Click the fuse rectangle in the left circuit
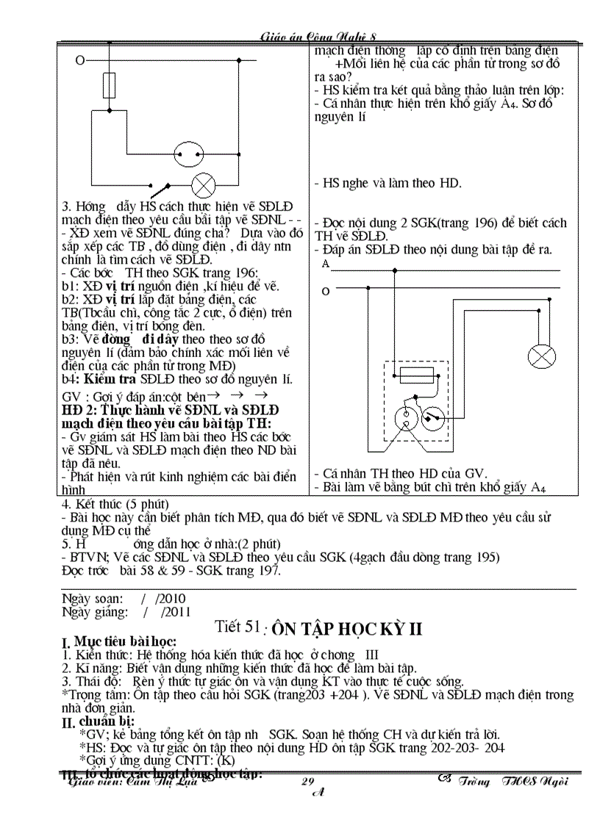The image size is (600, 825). [110, 81]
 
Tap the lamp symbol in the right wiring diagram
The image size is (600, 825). [543, 358]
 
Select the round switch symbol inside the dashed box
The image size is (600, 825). [403, 419]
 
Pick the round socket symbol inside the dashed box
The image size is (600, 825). [435, 419]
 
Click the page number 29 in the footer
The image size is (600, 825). [308, 782]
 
